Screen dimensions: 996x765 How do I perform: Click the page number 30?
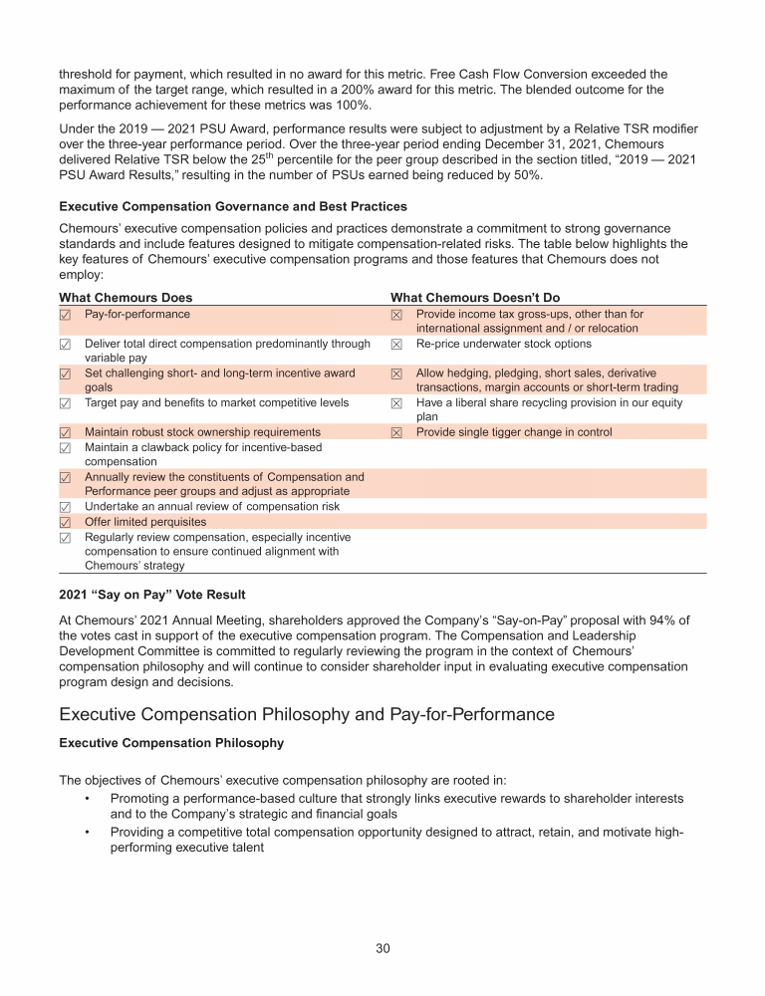point(382,947)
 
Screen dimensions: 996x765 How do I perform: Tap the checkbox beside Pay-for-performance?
point(65,314)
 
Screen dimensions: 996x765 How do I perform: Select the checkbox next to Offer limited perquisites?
point(65,522)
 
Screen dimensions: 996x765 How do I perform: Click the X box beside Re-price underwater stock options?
point(396,344)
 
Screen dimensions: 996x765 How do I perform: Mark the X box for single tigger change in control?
point(396,432)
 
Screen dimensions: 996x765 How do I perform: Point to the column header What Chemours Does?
point(126,297)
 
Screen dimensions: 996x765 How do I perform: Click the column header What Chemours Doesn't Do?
point(475,297)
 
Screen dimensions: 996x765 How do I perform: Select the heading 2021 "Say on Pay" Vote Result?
point(152,594)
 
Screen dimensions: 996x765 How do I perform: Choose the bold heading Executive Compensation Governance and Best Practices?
point(233,206)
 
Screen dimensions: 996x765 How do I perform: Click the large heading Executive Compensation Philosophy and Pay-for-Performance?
point(307,714)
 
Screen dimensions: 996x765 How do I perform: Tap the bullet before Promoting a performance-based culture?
point(88,799)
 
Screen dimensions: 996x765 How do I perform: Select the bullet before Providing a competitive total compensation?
point(88,831)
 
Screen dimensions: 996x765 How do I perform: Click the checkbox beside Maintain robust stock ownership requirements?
point(65,432)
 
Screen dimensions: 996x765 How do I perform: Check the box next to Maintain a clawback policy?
point(65,447)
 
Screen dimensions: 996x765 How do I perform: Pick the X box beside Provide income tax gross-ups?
point(396,314)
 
